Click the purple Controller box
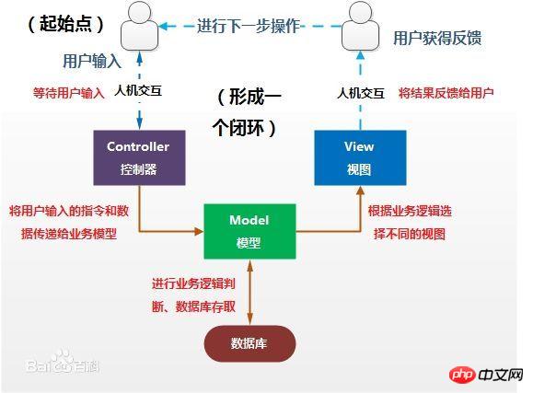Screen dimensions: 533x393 tap(139, 157)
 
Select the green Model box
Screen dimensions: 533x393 tap(249, 232)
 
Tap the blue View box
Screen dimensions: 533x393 tap(360, 157)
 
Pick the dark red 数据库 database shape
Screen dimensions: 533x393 tap(249, 343)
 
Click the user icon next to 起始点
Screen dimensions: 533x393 tap(140, 26)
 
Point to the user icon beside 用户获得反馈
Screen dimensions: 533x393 tap(360, 26)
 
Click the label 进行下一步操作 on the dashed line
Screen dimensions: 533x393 tap(249, 26)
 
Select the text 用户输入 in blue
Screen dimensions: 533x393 tap(92, 61)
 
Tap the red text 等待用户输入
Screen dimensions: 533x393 tap(69, 93)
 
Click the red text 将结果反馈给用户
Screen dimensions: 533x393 tap(446, 93)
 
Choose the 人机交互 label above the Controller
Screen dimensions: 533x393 tap(138, 91)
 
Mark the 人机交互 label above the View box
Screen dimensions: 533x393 tap(361, 93)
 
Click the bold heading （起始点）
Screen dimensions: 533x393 tap(65, 24)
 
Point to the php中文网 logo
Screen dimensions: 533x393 tap(486, 375)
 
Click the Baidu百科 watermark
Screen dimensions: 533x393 tap(63, 363)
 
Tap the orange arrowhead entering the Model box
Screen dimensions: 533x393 tap(199, 232)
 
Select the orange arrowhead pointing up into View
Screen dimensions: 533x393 tap(360, 191)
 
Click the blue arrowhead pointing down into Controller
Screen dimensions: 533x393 tap(139, 124)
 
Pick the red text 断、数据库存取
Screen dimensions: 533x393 tap(193, 306)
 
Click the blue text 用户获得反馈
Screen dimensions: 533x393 tap(437, 38)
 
